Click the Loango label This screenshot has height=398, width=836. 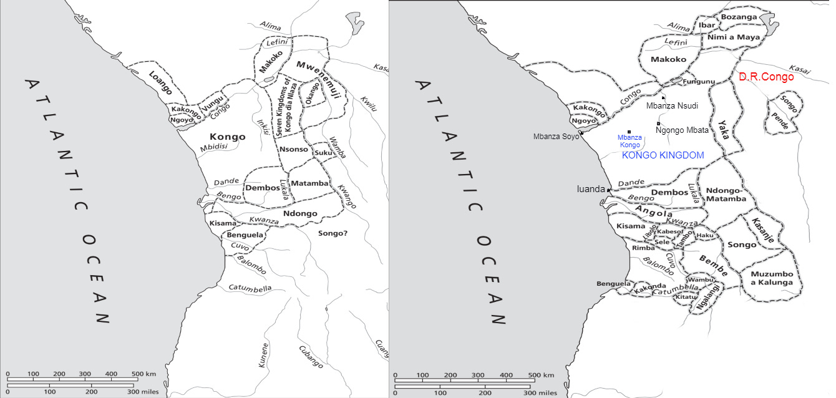[x=160, y=83]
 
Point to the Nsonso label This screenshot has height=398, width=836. [x=293, y=150]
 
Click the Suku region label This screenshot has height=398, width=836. [x=323, y=152]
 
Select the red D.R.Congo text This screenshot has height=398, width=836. [x=766, y=77]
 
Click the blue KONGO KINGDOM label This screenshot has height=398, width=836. [x=663, y=155]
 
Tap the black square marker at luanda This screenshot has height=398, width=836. [x=609, y=190]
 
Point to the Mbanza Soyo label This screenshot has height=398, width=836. [x=555, y=136]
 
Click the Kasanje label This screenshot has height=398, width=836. [x=762, y=230]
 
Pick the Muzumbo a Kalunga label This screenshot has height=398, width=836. [x=772, y=278]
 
